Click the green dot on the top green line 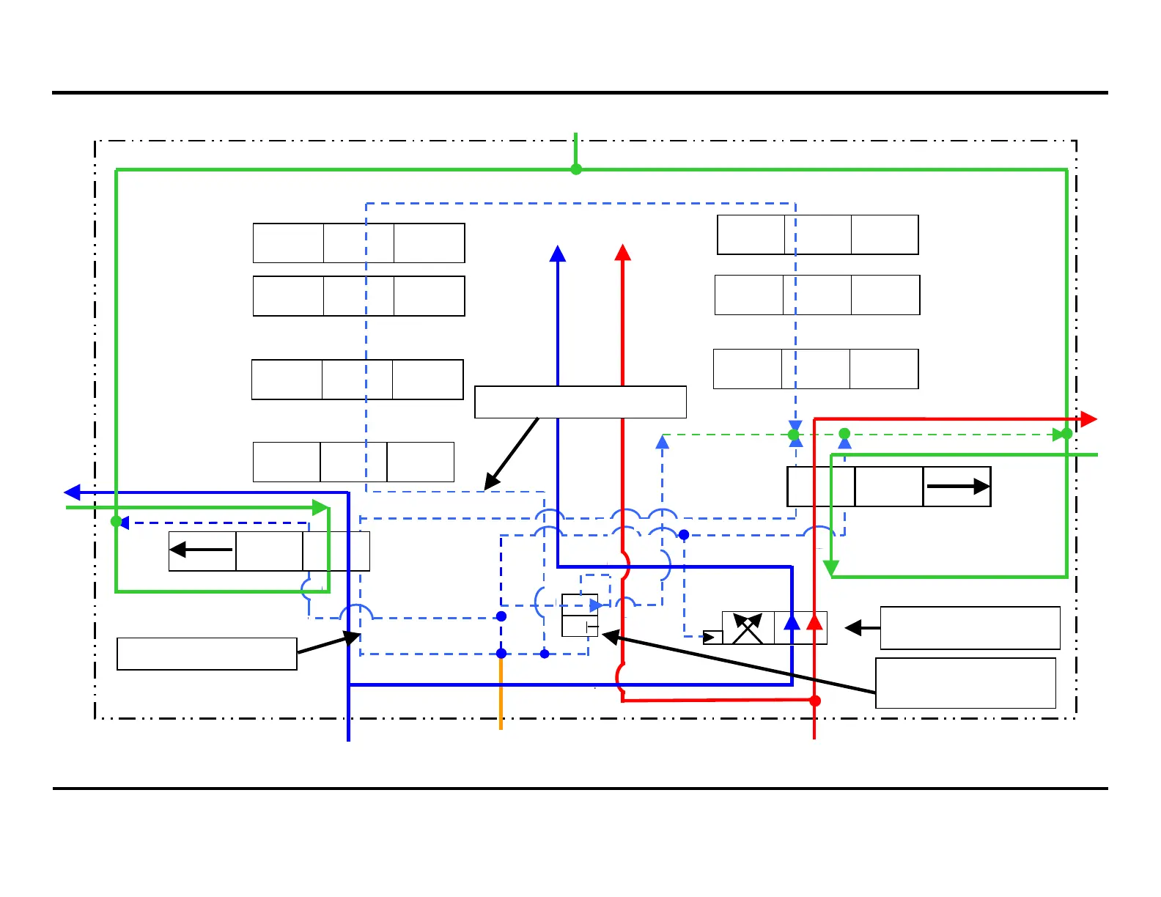tap(576, 169)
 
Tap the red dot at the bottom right tap(814, 701)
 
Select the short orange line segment tap(501, 693)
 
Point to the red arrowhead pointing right tap(1088, 419)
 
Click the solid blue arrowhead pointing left tap(73, 492)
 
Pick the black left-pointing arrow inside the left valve tap(201, 550)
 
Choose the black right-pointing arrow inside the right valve tap(958, 486)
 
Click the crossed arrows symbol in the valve tap(748, 628)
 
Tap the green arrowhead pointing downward tap(830, 568)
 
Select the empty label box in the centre tap(580, 402)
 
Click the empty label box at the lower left tap(207, 654)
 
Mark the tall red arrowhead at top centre tap(623, 253)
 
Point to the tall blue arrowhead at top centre tap(558, 254)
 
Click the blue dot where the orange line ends tap(501, 653)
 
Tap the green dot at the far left tap(116, 522)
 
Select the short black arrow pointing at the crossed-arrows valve tap(862, 628)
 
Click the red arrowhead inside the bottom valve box tap(814, 621)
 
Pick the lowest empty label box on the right tap(965, 683)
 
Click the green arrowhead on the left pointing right tap(320, 507)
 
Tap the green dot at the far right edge tap(1066, 434)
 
